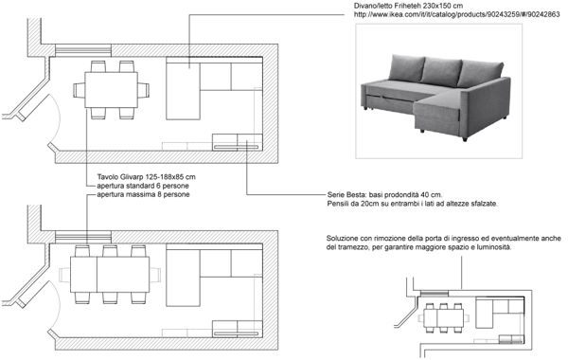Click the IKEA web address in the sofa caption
coord(457,14)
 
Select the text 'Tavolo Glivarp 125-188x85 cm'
coord(147,177)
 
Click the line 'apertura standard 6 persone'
coord(143,186)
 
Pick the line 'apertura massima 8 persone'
coord(143,194)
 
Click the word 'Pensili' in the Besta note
coord(338,204)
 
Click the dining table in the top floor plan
coord(111,90)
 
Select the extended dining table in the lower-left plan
coord(110,275)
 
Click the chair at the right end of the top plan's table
coord(144,90)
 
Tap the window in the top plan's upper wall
coord(83,51)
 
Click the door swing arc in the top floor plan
coord(55,117)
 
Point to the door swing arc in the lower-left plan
coord(55,305)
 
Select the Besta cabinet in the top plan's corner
coord(238,142)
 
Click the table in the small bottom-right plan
coord(444,318)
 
